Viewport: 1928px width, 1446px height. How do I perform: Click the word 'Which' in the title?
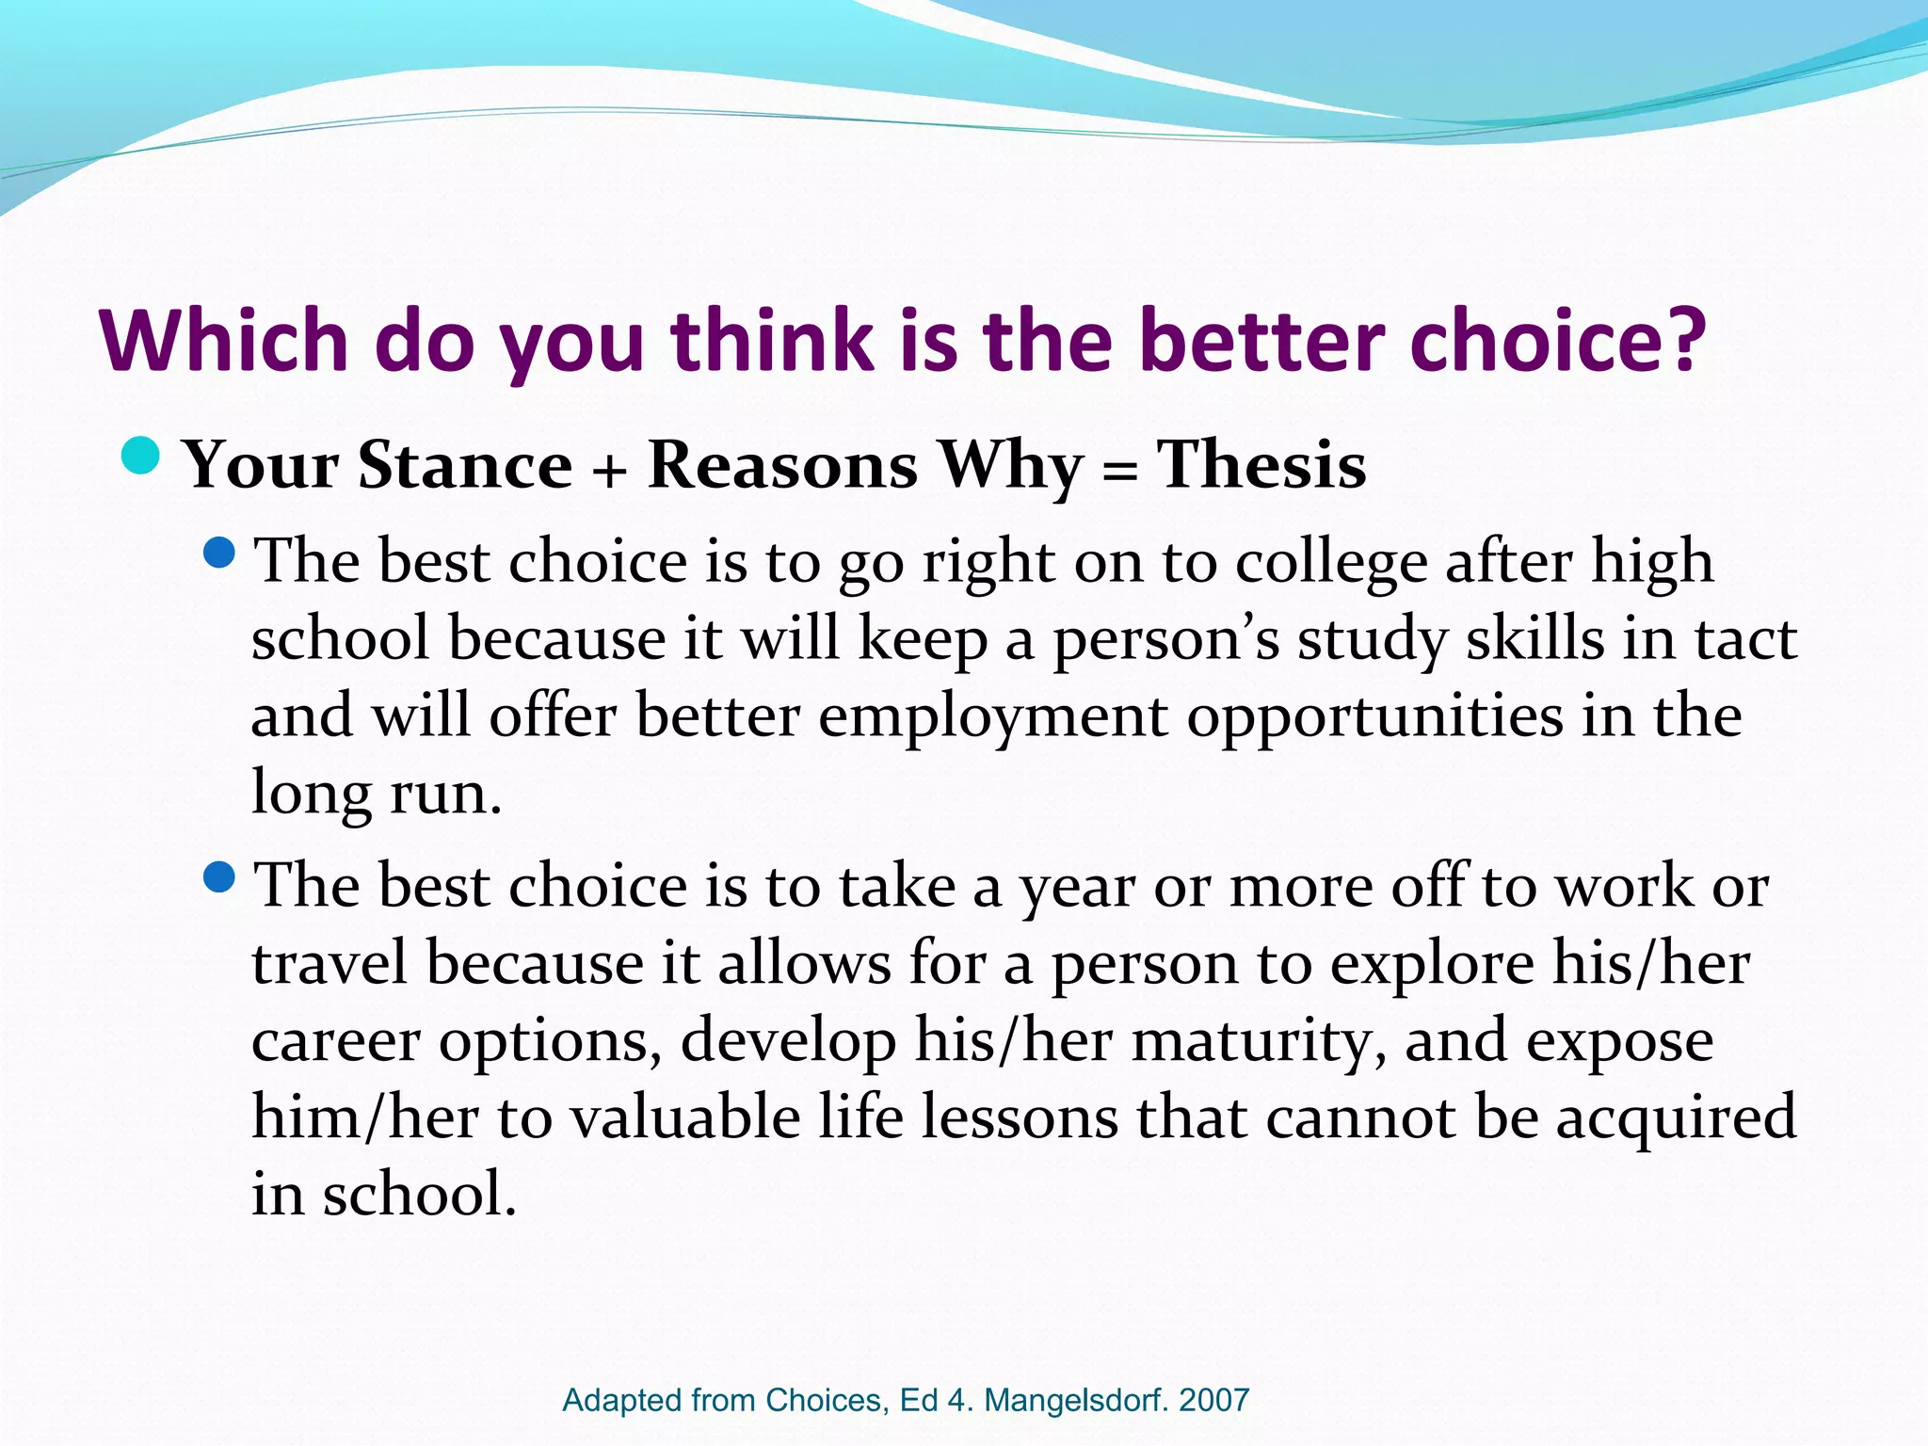point(224,340)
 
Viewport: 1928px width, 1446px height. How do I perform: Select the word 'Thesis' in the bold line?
point(1261,465)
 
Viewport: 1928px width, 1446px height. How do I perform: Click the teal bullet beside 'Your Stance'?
point(141,457)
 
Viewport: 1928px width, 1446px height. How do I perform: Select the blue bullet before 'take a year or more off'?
point(218,878)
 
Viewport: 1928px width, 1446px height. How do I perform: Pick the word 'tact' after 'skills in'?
point(1746,639)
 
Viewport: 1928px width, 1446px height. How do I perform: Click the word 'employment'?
point(993,717)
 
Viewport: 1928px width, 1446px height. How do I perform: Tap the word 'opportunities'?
point(1374,717)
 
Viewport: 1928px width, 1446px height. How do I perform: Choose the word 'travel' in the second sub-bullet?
point(329,964)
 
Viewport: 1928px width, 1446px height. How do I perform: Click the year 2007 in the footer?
point(1213,1400)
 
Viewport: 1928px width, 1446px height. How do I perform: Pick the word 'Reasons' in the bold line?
point(782,465)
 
